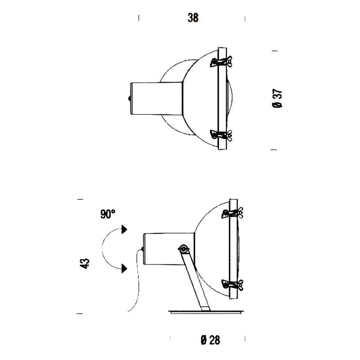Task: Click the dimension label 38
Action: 193,18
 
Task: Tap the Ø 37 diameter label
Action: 277,98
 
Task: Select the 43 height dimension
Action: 85,264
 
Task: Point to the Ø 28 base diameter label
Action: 210,340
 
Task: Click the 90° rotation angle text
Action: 108,214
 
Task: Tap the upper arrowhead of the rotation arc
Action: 125,229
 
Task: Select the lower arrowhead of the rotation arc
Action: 125,268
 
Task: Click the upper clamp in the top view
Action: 221,62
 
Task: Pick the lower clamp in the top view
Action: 221,135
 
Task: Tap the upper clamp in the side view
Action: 232,213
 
